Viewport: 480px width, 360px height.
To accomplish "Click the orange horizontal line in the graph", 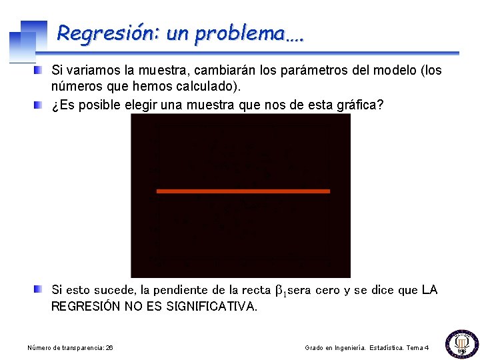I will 243,191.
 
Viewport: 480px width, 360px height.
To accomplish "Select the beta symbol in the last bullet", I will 281,291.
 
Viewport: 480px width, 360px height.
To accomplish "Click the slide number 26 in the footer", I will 109,348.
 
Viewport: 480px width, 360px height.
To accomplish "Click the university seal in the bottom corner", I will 461,343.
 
